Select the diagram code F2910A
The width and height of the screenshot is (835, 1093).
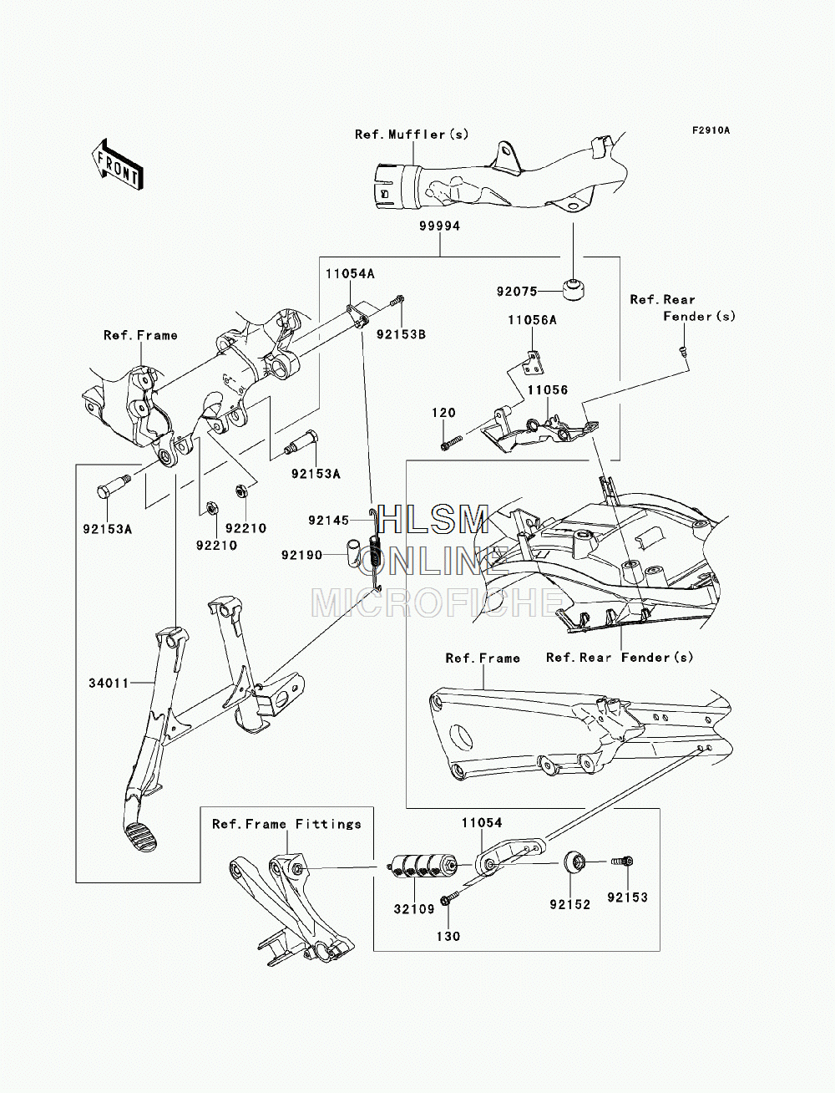click(x=711, y=130)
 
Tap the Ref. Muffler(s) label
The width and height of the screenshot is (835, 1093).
click(x=412, y=135)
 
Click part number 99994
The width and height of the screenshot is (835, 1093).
click(x=439, y=226)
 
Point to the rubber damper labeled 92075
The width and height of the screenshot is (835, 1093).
click(x=573, y=290)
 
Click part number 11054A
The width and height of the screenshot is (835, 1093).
click(x=350, y=274)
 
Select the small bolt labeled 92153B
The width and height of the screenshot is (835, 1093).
click(x=397, y=301)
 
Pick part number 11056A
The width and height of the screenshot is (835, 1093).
click(x=532, y=320)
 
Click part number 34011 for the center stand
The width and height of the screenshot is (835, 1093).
click(x=109, y=684)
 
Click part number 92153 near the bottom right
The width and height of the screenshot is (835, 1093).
click(x=627, y=897)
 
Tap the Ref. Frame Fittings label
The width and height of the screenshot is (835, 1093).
click(x=286, y=824)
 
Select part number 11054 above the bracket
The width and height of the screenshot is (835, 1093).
click(x=482, y=823)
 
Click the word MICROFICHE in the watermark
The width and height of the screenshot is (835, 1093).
click(x=438, y=603)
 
